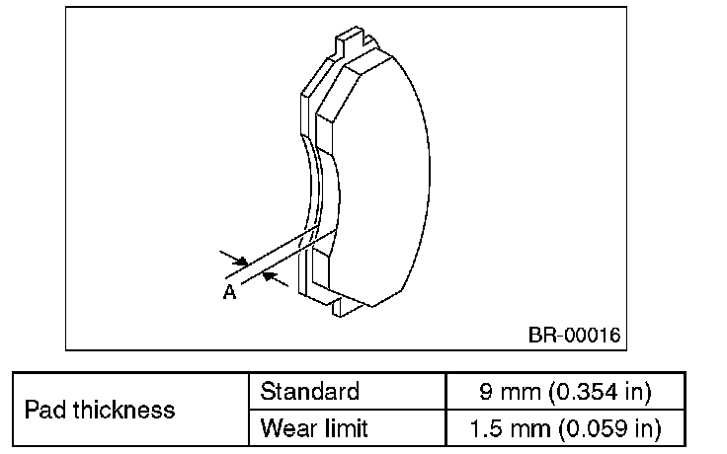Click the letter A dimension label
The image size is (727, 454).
229,291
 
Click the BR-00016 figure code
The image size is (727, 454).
573,336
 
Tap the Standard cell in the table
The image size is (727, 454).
309,392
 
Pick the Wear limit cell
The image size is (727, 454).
313,428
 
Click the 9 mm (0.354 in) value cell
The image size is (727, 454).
566,392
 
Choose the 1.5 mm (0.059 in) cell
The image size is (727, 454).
566,428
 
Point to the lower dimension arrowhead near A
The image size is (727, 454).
276,282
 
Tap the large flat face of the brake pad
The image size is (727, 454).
385,178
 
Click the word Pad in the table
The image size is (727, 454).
43,410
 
